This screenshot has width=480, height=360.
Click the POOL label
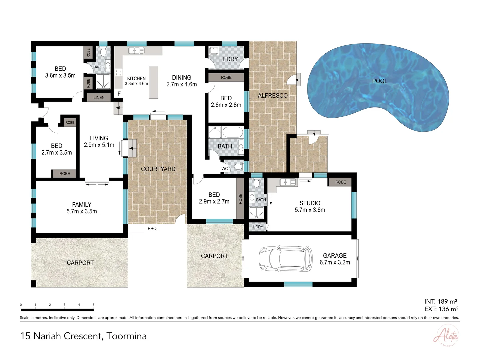point(380,81)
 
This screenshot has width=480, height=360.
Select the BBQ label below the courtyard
point(152,229)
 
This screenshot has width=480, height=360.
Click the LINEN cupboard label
point(99,98)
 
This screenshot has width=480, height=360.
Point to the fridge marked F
point(119,94)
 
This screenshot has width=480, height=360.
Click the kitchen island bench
point(153,82)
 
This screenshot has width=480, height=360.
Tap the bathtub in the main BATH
point(233,132)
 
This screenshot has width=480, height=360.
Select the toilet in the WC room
point(238,167)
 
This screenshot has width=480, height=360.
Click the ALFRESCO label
point(273,96)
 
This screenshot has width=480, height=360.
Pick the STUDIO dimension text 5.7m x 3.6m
point(310,210)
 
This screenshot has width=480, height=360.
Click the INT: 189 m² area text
point(441,301)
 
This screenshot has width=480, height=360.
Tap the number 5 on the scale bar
point(94,305)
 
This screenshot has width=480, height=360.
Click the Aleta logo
point(446,335)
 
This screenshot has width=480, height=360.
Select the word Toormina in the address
point(127,336)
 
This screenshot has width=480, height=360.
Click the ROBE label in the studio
point(341,182)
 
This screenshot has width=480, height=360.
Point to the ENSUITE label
point(99,67)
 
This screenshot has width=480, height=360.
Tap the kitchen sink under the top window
point(136,51)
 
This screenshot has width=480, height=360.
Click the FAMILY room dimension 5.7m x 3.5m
point(82,211)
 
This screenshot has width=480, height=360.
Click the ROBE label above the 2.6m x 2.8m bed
point(226,77)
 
